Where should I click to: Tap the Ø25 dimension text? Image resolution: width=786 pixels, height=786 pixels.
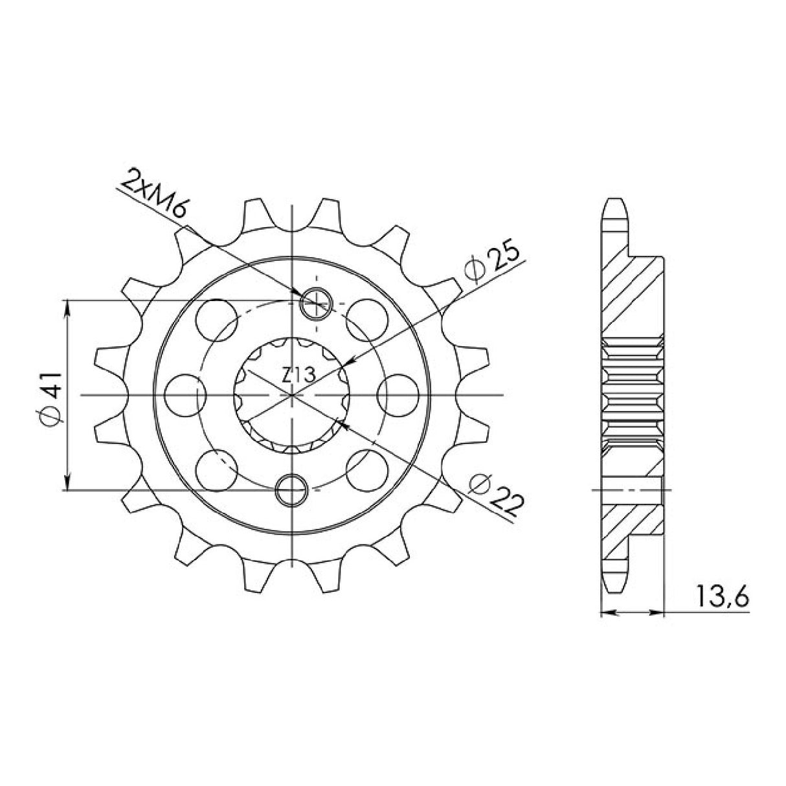(495, 264)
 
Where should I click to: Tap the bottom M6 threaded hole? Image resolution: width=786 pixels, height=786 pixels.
(292, 490)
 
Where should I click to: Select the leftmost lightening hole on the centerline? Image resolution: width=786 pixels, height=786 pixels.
(185, 395)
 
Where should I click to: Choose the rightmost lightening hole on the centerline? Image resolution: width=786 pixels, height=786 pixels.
(397, 395)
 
